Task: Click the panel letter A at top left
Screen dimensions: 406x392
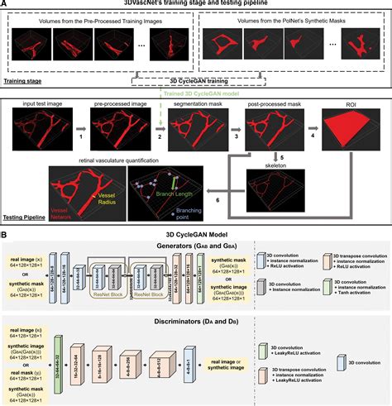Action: tap(7, 5)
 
